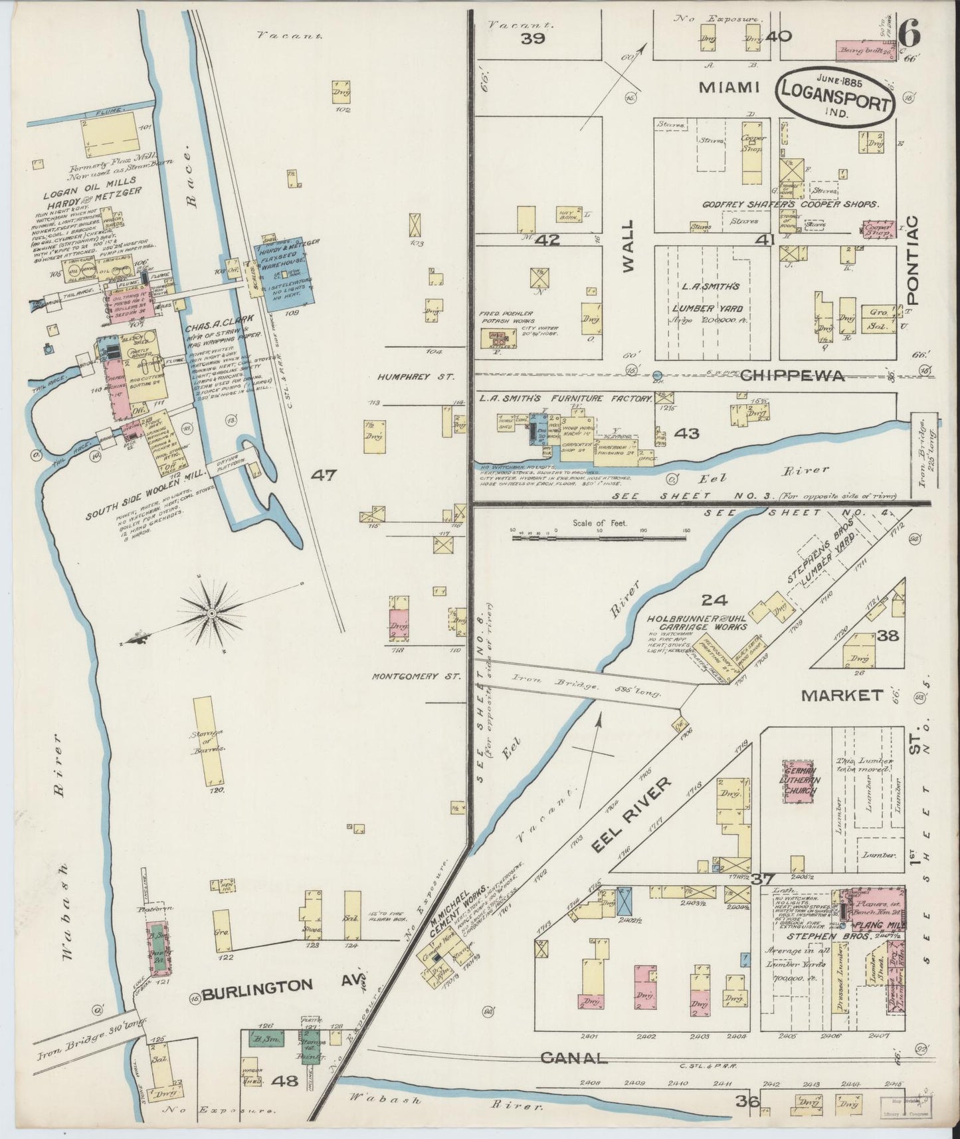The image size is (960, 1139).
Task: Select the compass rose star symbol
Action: click(x=211, y=612)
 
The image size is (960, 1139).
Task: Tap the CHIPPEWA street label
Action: click(x=792, y=375)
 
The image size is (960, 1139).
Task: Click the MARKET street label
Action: click(x=842, y=696)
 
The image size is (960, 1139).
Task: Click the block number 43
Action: click(x=686, y=433)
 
